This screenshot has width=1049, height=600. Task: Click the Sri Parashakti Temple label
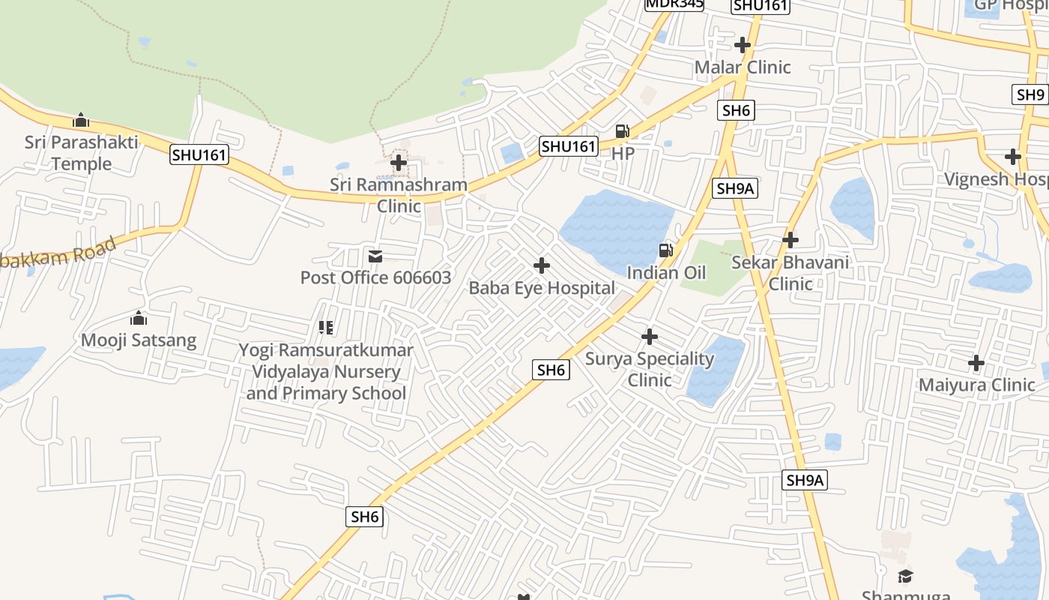81,153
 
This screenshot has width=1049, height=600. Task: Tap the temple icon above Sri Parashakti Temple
81,120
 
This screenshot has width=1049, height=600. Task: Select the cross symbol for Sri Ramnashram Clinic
399,162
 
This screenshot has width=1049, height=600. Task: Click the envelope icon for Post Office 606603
375,256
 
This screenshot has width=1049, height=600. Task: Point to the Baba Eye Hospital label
542,288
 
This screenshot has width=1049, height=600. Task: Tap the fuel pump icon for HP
622,131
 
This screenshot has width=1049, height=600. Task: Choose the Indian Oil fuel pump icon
665,250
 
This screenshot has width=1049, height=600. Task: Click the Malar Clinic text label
743,67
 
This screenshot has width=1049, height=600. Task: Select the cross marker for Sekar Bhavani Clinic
790,240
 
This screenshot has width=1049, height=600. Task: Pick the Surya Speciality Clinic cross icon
650,337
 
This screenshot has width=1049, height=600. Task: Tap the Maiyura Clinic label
976,385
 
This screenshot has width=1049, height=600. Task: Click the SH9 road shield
1030,94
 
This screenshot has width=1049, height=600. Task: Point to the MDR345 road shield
674,4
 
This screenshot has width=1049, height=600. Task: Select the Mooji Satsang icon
139,319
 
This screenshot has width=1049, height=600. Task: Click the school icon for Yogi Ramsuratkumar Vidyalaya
326,328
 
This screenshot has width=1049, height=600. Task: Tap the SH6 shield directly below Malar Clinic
736,111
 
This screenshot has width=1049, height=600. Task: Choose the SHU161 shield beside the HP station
569,146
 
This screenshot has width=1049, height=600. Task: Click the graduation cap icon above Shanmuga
906,576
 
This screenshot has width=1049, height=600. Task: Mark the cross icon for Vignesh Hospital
1013,157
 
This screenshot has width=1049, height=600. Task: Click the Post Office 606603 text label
375,277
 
